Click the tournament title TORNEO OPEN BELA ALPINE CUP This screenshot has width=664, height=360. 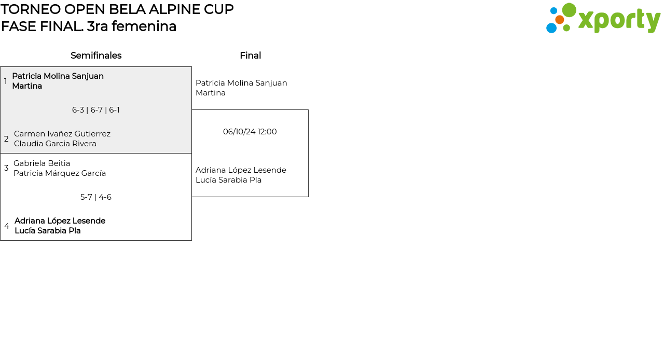[117, 9]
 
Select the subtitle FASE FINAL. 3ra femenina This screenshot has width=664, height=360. [89, 26]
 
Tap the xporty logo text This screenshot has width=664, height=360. [619, 20]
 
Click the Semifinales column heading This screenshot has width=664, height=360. [96, 56]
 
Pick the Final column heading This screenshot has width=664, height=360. [250, 56]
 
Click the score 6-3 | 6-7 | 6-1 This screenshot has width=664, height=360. [96, 110]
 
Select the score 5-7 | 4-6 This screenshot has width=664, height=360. [96, 197]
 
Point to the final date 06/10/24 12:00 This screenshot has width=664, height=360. [250, 132]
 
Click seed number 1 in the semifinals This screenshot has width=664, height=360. [5, 81]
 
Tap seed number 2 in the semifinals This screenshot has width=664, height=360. [6, 139]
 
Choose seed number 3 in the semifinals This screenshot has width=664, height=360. [6, 168]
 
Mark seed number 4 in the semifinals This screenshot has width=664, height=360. [7, 226]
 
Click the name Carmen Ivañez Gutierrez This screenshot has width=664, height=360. [62, 134]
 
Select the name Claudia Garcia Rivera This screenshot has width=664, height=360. [55, 144]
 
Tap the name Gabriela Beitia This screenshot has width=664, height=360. [42, 163]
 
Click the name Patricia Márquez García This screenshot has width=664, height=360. [60, 173]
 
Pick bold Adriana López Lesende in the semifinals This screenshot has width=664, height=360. [60, 221]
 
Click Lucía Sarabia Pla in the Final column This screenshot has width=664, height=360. [229, 180]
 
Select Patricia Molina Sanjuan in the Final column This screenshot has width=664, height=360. [241, 83]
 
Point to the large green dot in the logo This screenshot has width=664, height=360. [569, 10]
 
